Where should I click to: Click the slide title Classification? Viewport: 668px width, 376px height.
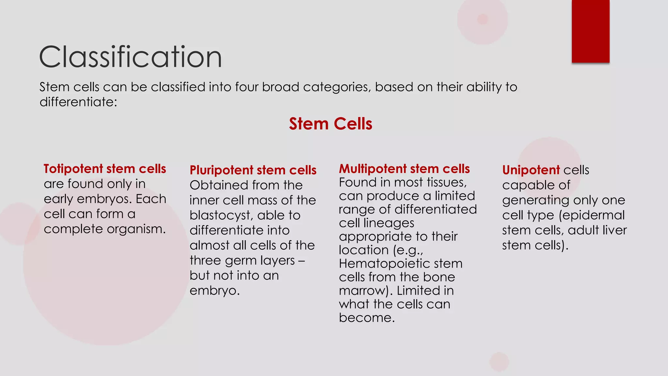(130, 57)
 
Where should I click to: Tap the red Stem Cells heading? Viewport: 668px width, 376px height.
(330, 124)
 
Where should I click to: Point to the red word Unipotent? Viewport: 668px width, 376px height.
(531, 170)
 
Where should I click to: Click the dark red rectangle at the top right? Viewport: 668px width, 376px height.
(590, 31)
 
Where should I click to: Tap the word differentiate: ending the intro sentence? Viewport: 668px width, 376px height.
(78, 102)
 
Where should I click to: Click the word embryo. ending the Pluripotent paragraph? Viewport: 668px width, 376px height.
(214, 290)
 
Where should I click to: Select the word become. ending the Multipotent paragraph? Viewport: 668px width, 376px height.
(367, 318)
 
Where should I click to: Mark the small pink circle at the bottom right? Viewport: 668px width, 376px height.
(499, 362)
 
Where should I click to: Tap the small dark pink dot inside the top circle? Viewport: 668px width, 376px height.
(482, 19)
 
